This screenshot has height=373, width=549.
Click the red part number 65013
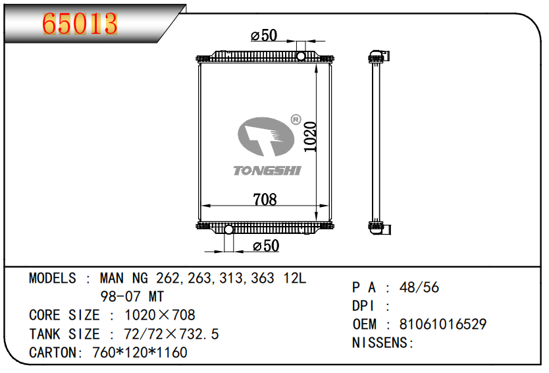pyautogui.click(x=80, y=24)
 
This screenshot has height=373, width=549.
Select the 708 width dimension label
pyautogui.click(x=265, y=198)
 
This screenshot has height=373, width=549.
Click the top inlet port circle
pyautogui.click(x=301, y=56)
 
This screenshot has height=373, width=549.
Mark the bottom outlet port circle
pyautogui.click(x=229, y=230)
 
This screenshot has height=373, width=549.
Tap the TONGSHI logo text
pyautogui.click(x=267, y=171)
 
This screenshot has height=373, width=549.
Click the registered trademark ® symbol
pyautogui.click(x=295, y=120)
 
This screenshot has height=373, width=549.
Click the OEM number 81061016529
pyautogui.click(x=442, y=324)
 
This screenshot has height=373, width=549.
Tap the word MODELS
pyautogui.click(x=53, y=278)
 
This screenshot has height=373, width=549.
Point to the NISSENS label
pyautogui.click(x=382, y=343)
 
